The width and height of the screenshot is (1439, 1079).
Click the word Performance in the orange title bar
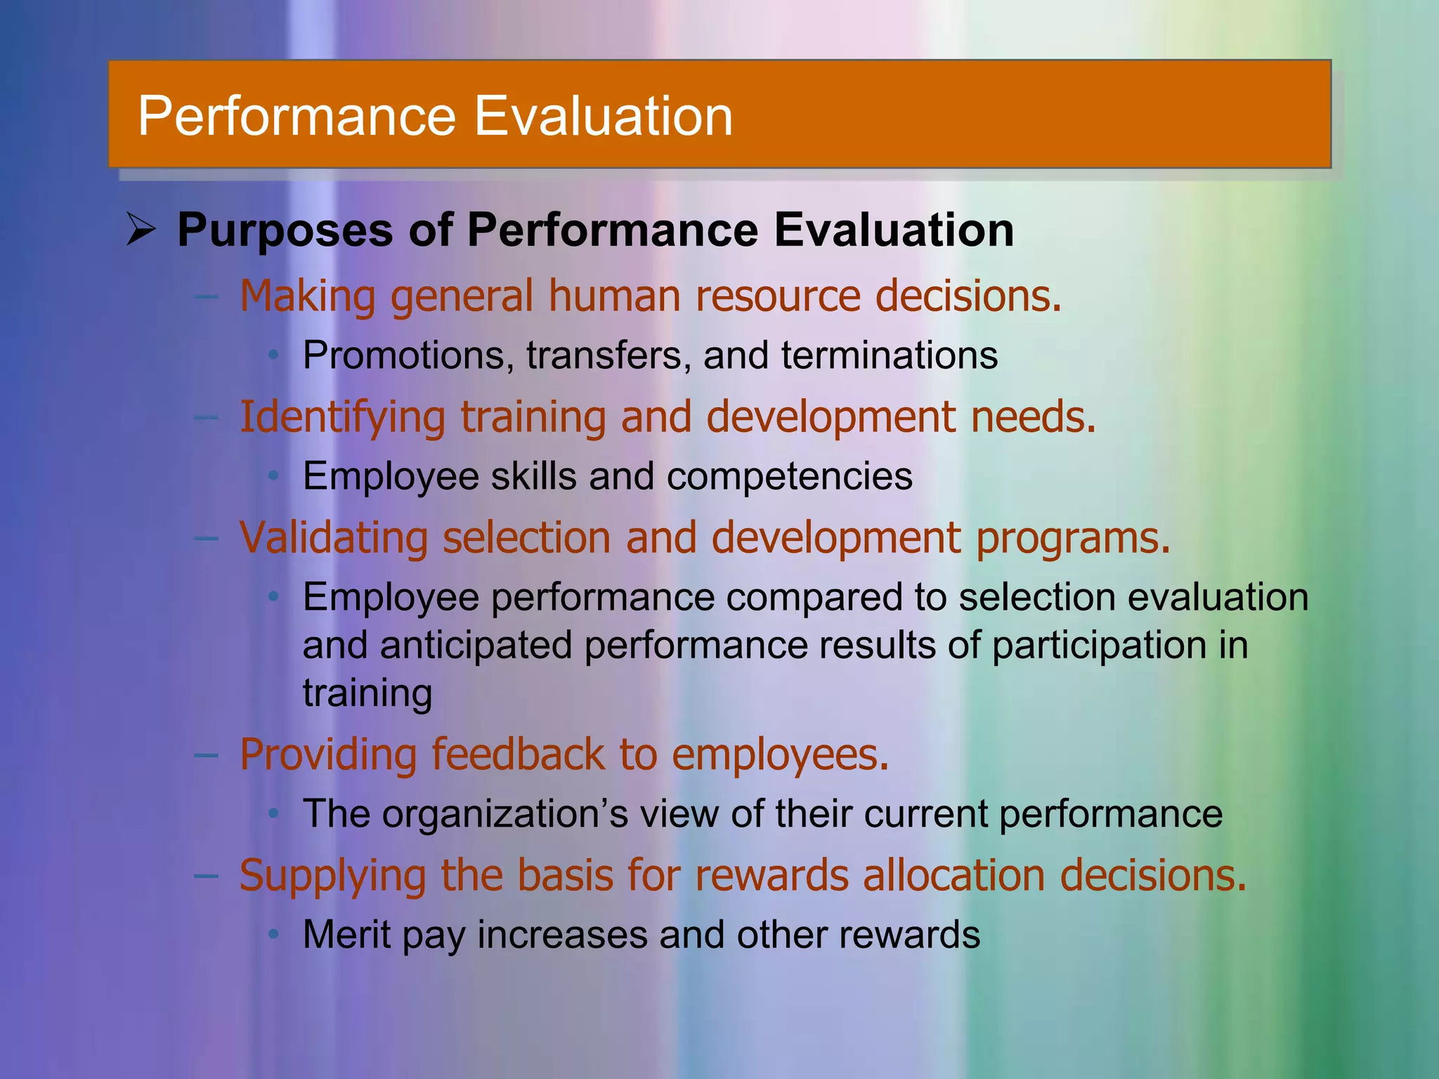tap(297, 116)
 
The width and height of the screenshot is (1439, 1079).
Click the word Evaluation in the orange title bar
tap(604, 116)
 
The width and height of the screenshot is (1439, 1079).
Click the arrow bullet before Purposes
tap(141, 230)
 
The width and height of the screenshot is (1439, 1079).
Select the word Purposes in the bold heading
tap(285, 230)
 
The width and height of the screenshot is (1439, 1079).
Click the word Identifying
tap(342, 417)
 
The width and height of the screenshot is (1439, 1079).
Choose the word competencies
tap(789, 476)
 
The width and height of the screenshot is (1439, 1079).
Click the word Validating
tap(333, 538)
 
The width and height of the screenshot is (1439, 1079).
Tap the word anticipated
tap(476, 646)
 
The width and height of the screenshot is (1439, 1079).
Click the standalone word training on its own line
tap(367, 694)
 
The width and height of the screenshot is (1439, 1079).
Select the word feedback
tap(517, 754)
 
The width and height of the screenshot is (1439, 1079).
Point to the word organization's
tap(505, 815)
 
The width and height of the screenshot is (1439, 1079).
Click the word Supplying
tap(332, 877)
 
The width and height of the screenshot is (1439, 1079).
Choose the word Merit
tap(346, 935)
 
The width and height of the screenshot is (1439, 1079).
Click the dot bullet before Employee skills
tap(274, 476)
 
